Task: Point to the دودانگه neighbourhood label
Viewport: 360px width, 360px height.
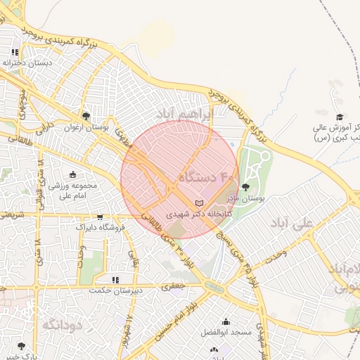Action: click(x=63, y=325)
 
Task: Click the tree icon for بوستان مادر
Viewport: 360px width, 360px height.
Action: click(x=245, y=187)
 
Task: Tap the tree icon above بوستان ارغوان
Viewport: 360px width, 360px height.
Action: click(x=86, y=116)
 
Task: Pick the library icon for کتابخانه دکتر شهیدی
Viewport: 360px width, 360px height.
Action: click(x=207, y=202)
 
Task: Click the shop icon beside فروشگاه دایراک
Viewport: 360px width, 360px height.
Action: click(x=100, y=217)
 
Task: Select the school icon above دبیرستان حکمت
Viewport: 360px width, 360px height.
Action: click(x=115, y=279)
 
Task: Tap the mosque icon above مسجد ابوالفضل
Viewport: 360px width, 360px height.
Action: click(x=226, y=320)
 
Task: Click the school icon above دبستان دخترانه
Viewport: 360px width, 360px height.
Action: click(x=15, y=52)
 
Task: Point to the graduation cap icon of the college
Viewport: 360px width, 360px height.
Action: click(x=339, y=117)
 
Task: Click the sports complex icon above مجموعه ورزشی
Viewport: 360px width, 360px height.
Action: click(x=73, y=174)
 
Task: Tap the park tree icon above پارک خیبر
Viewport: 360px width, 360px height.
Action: click(x=21, y=346)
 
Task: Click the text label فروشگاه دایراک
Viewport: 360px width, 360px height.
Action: click(x=100, y=228)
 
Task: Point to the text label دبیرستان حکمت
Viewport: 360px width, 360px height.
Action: click(x=115, y=290)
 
